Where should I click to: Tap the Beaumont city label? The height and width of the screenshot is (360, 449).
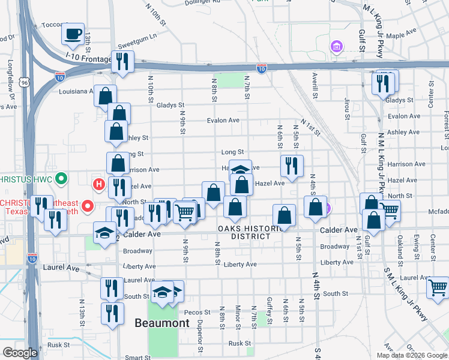(x=161, y=323)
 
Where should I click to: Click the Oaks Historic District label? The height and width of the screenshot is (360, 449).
(x=252, y=232)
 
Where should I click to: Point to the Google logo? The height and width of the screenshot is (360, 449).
(x=20, y=353)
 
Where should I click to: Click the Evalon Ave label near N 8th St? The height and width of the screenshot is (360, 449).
(x=223, y=120)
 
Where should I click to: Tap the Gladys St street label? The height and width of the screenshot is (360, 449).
(x=169, y=105)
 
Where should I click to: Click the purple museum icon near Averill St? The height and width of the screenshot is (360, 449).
(x=336, y=46)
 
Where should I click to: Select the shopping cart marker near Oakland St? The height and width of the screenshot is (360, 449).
(x=388, y=210)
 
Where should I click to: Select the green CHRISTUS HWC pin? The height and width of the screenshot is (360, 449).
(x=61, y=178)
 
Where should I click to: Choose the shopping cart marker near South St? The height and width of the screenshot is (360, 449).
(x=438, y=287)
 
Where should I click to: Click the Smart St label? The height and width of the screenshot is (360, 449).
(x=137, y=358)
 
